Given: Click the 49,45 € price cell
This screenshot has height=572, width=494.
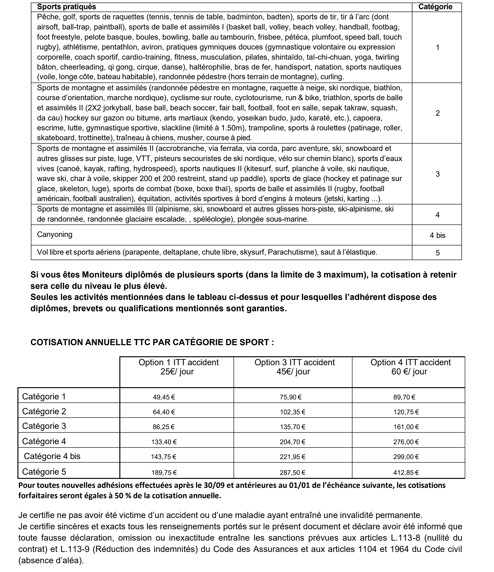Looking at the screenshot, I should tap(164, 397).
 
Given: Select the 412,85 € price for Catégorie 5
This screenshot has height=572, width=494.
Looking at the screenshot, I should tap(406, 473).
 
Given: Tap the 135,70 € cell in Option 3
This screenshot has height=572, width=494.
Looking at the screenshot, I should tap(292, 427).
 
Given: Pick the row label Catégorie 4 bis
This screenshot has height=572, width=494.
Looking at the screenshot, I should tap(52, 456).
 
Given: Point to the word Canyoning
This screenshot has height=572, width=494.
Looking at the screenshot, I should tap(55, 235).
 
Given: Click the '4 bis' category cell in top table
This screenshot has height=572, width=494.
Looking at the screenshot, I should tap(437, 236).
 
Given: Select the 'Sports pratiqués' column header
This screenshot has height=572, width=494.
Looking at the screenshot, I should tap(67, 7).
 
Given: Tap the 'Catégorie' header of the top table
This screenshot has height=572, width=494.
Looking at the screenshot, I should tap(435, 7).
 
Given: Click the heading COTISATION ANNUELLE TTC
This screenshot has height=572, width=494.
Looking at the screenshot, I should tap(152, 342).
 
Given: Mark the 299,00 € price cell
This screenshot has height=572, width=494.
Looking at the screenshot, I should tap(406, 457).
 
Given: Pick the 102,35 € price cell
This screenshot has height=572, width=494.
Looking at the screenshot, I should tap(292, 412).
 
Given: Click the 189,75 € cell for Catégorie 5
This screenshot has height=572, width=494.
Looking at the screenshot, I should tap(164, 473).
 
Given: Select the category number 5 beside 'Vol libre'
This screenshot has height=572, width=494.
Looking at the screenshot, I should tap(437, 253).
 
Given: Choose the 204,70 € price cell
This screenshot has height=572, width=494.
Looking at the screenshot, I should tap(292, 442).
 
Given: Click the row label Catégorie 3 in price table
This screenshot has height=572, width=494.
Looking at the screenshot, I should tap(44, 426).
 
